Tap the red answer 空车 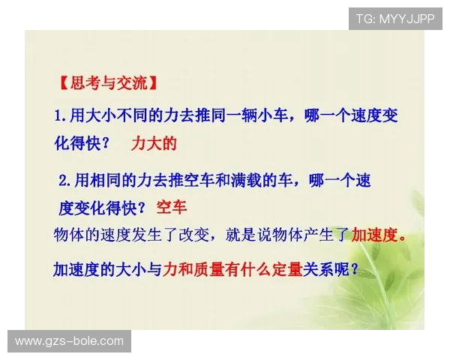172,206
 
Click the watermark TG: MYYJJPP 394,18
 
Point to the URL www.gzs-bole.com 69,341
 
